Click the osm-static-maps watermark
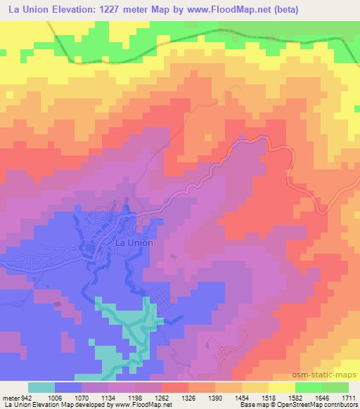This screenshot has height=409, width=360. tap(330, 372)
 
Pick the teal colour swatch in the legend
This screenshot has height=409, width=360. tap(41, 387)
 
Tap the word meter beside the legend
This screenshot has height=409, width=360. tap(9, 397)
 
